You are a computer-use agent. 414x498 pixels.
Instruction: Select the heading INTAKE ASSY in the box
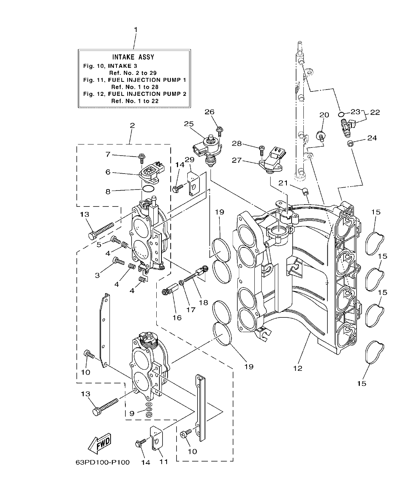coord(133,57)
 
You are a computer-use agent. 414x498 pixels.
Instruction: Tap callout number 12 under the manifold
coord(298,368)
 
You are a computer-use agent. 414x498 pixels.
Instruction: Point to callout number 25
coord(189,124)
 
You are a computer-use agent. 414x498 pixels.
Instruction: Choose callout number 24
coord(372,138)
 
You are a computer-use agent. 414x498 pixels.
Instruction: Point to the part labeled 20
coord(320,136)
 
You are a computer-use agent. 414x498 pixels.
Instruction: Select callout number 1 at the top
coord(135,29)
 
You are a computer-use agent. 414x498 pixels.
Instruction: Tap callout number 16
coord(177,317)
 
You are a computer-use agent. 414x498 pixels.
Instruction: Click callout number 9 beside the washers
coord(132,414)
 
